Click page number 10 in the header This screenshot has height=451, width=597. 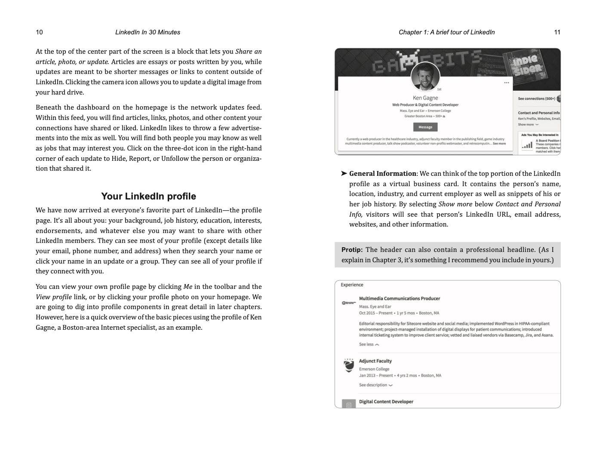point(39,32)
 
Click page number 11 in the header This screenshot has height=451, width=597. point(557,32)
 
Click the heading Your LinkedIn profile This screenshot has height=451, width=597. point(148,196)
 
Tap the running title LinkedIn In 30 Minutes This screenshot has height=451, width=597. point(148,32)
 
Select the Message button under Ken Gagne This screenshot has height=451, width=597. point(425,127)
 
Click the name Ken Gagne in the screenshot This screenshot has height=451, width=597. point(425,98)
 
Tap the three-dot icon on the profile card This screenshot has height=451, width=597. point(506,83)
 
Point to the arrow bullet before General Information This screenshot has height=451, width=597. point(344,174)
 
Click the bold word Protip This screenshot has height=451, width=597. point(352,250)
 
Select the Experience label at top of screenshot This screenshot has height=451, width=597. point(352,285)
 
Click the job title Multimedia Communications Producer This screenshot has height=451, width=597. point(399,298)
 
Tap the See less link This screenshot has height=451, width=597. point(369,344)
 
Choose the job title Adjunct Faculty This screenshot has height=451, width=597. point(375,361)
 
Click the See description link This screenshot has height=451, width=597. point(375,385)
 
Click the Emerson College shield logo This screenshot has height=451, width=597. point(348,365)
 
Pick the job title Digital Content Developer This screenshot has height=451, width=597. point(386,402)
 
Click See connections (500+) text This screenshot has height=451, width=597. point(536,98)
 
